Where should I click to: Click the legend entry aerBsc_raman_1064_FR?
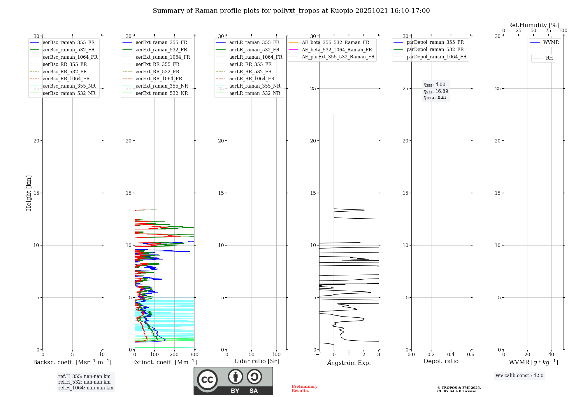[70, 57]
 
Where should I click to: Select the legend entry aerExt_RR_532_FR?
[157, 72]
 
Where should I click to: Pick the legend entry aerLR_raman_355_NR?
[254, 86]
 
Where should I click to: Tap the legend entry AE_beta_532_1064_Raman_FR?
[337, 50]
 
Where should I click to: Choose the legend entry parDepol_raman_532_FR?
[435, 50]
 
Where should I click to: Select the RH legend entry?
[549, 58]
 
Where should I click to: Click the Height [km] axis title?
[29, 193]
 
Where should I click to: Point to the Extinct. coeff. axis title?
[164, 363]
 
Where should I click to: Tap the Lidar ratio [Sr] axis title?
[257, 361]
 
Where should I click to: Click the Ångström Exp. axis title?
[349, 363]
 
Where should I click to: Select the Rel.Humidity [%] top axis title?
[533, 25]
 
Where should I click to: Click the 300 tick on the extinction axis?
[194, 355]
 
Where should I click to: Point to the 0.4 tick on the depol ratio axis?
[451, 355]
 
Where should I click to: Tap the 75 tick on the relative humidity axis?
[548, 31]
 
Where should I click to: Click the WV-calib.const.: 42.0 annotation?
[519, 376]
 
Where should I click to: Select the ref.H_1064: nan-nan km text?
[86, 388]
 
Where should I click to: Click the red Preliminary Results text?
[304, 389]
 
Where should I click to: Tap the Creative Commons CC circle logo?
[207, 380]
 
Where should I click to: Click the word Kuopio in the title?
[342, 11]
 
